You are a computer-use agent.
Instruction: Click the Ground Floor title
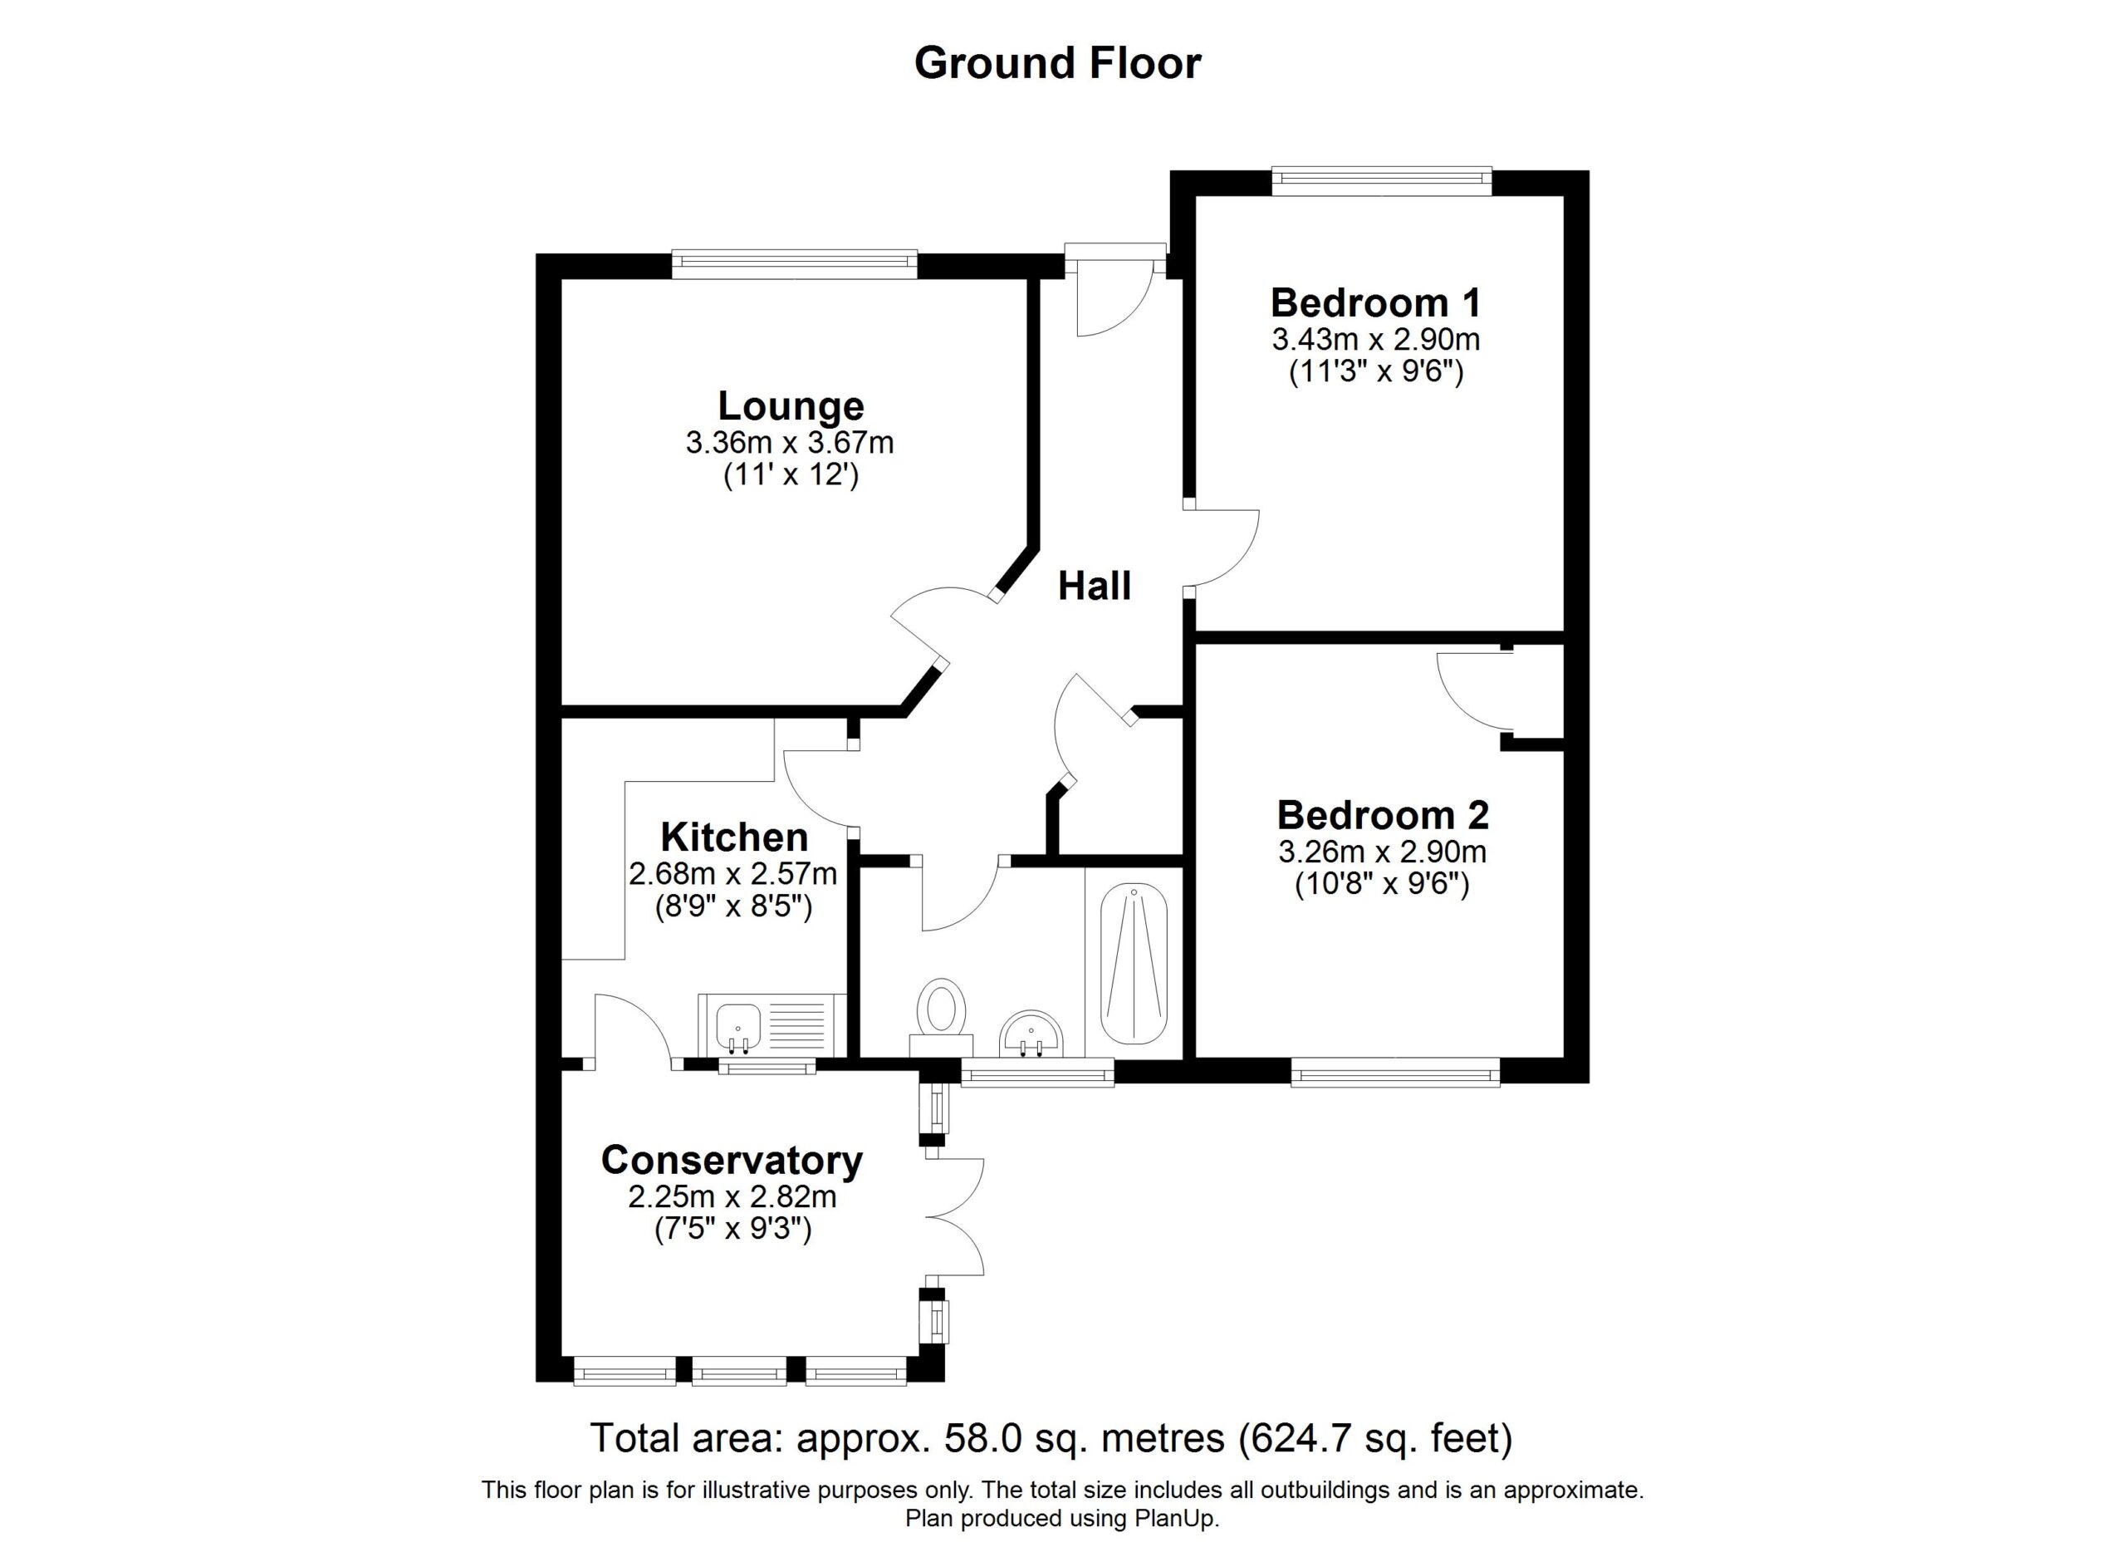(x=1057, y=63)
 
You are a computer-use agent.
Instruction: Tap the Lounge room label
(x=791, y=407)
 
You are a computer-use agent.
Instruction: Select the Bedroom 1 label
(x=1376, y=303)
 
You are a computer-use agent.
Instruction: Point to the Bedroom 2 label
(x=1383, y=815)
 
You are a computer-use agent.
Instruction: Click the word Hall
(x=1095, y=586)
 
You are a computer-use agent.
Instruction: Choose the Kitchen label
(x=734, y=837)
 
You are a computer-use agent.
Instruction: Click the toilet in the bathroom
(x=942, y=1017)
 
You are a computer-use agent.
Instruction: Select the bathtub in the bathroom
(x=1134, y=965)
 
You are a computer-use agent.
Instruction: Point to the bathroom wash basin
(x=1031, y=1034)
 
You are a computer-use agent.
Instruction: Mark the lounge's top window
(x=794, y=264)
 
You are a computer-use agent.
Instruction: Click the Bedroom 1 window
(x=1382, y=181)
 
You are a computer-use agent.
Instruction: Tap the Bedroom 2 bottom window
(x=1396, y=1072)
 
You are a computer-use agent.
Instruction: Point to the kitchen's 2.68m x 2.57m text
(x=733, y=874)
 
